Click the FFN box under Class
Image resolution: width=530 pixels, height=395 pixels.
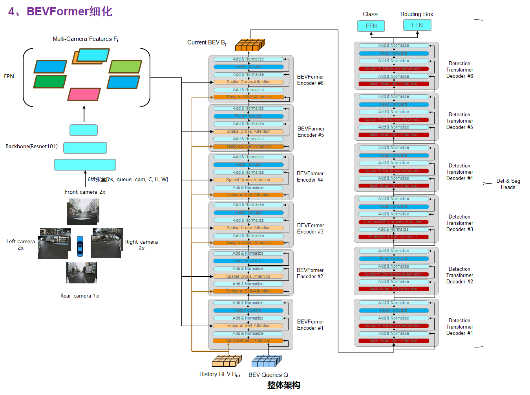(371, 26)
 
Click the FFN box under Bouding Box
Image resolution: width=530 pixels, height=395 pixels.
(417, 25)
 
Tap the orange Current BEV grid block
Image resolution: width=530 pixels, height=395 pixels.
(250, 45)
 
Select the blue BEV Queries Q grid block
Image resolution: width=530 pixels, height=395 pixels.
(267, 360)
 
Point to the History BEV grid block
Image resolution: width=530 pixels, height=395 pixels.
(227, 360)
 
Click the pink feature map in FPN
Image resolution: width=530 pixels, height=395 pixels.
(84, 94)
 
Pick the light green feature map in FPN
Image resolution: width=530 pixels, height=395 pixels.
(125, 67)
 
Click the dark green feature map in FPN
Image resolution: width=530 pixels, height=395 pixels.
(50, 82)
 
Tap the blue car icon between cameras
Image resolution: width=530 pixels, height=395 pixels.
(80, 246)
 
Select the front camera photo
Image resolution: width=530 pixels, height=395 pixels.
(83, 211)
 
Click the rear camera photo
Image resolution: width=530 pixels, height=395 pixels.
(81, 273)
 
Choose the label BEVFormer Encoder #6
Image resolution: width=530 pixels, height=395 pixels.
(310, 80)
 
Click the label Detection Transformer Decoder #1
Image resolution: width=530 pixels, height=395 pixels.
(460, 327)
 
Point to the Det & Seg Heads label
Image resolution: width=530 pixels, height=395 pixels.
(508, 184)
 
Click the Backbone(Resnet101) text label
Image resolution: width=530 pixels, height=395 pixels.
(31, 147)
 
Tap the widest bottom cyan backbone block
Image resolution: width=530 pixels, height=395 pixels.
(85, 165)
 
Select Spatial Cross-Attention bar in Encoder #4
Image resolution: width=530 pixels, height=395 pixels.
(248, 180)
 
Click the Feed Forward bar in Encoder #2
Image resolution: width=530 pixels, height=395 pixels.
(248, 261)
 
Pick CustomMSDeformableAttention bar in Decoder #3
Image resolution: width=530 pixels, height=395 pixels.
(393, 222)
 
